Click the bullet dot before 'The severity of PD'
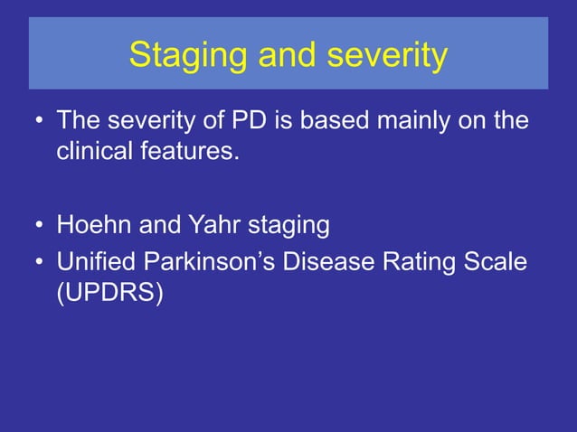[39, 121]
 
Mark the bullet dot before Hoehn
[39, 224]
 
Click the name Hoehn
[93, 223]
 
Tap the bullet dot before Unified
[39, 264]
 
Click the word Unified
[94, 263]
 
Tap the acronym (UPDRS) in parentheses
[110, 294]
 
